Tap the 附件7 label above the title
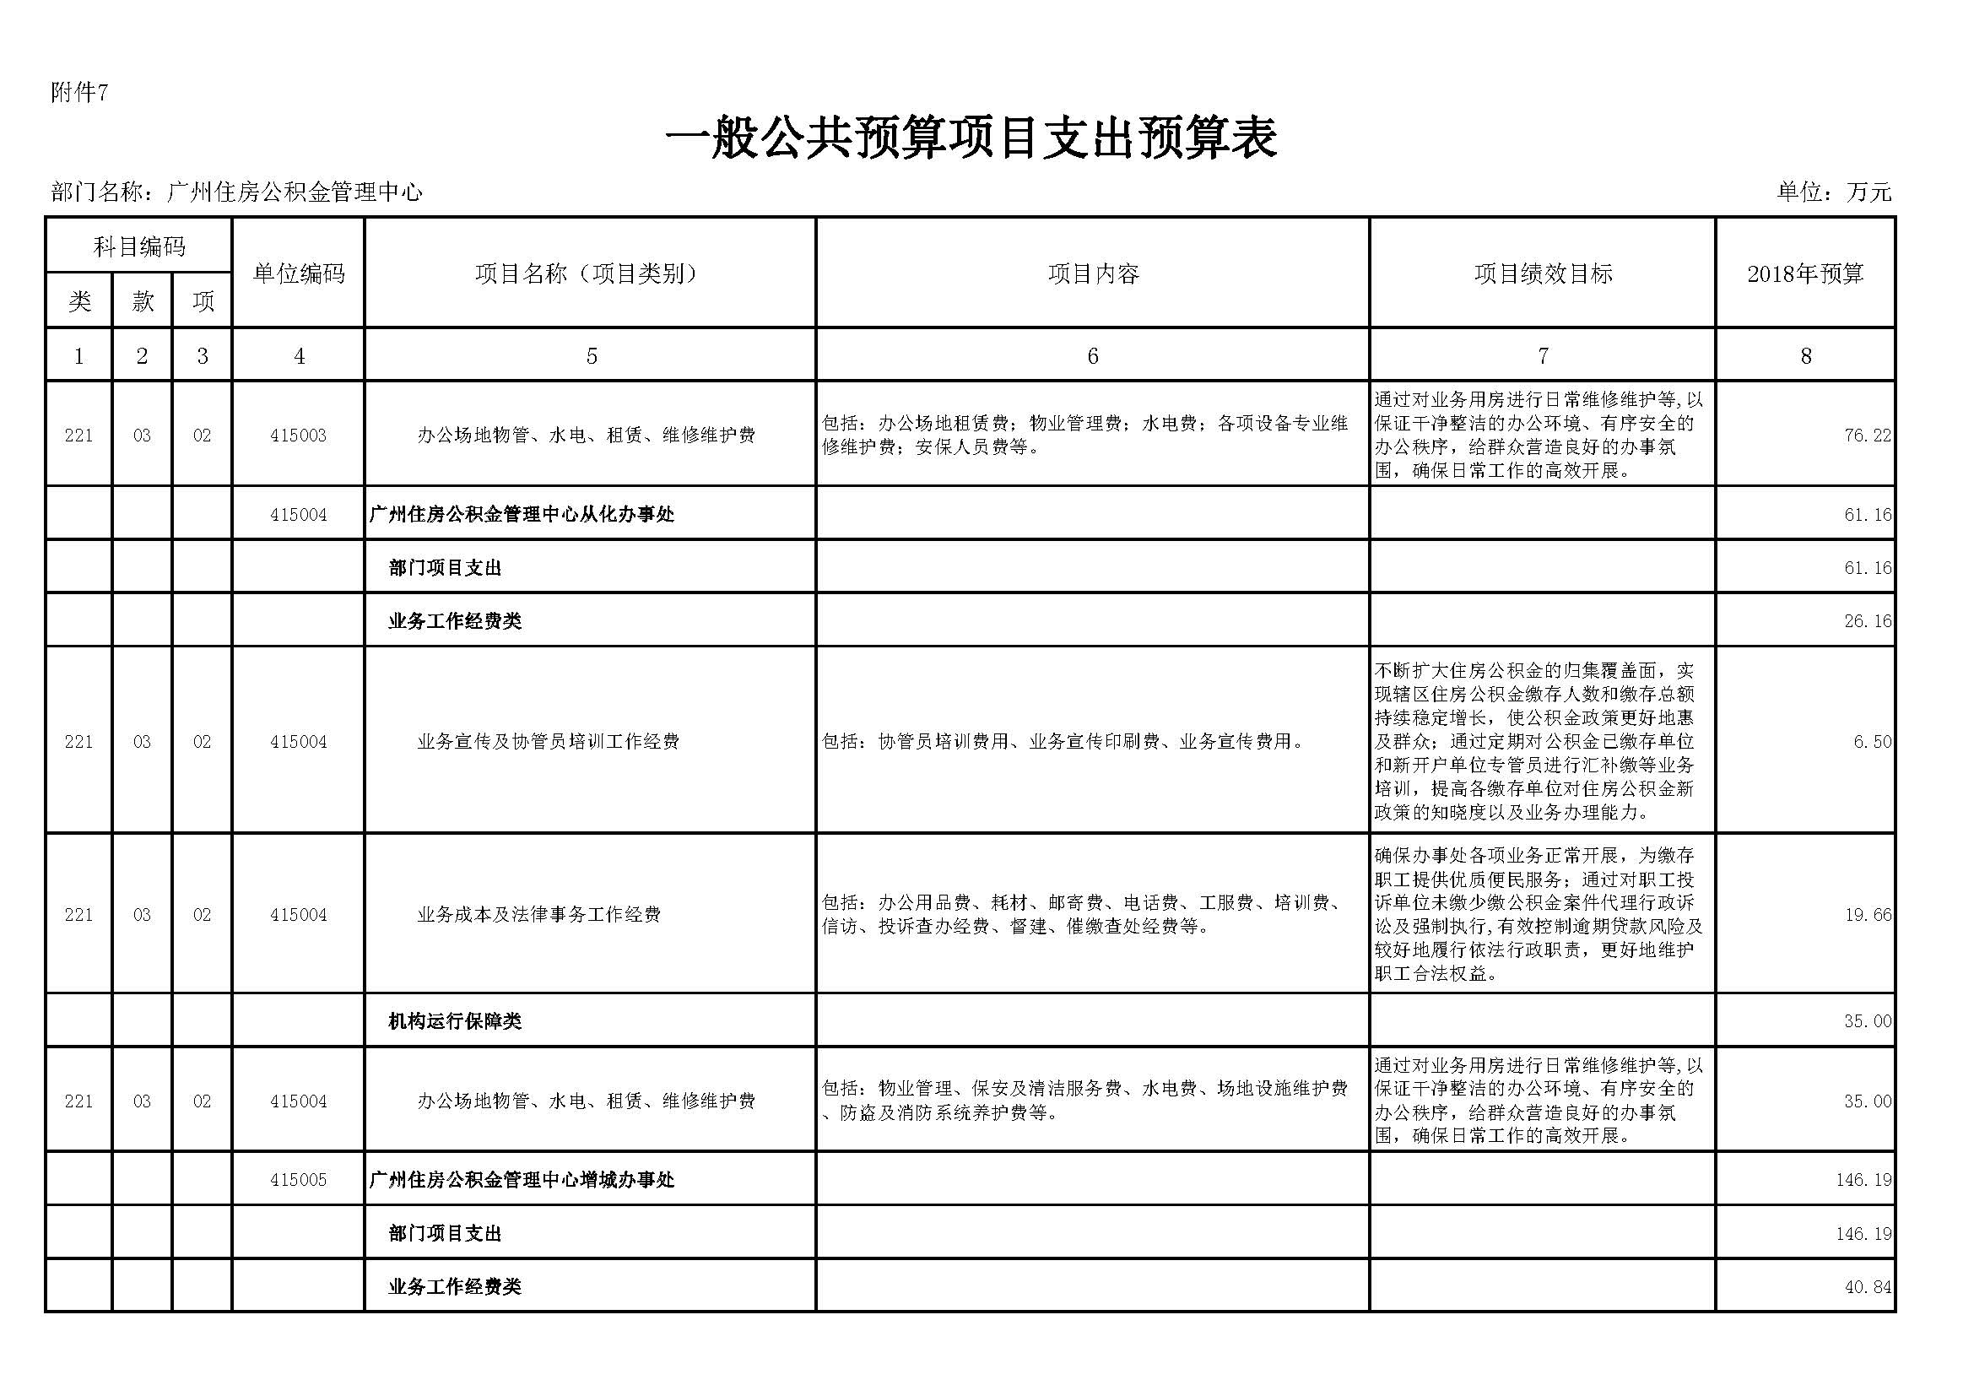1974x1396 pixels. click(79, 93)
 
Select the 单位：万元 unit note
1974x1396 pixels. click(1834, 192)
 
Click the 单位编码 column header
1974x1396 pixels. click(298, 273)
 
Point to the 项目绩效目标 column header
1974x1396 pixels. click(1543, 273)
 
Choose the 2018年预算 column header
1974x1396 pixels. click(1804, 273)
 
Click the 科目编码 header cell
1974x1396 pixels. click(139, 247)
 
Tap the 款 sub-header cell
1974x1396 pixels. click(142, 300)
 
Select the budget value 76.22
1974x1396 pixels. click(1868, 436)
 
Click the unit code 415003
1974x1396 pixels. click(298, 436)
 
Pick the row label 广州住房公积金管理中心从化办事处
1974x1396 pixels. click(522, 514)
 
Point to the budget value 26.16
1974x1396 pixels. click(1868, 620)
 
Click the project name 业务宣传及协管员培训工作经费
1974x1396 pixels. click(549, 741)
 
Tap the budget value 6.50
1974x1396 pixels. click(1872, 741)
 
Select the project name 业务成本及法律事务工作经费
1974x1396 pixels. click(539, 915)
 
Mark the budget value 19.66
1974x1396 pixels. click(1868, 915)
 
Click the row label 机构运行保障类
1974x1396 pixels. click(455, 1021)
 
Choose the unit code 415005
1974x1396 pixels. click(298, 1180)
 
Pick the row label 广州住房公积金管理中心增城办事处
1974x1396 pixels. click(522, 1180)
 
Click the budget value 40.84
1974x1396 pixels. click(1868, 1287)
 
